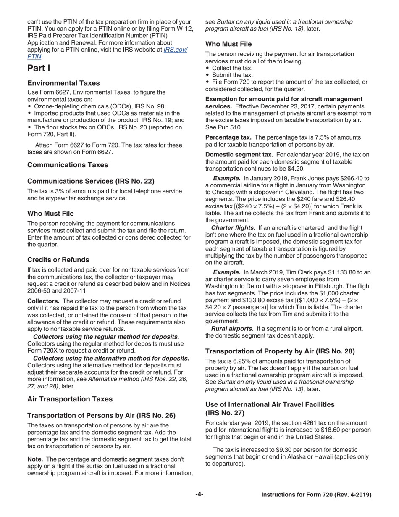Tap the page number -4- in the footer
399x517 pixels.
[199, 495]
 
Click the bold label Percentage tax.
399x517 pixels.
[228, 137]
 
